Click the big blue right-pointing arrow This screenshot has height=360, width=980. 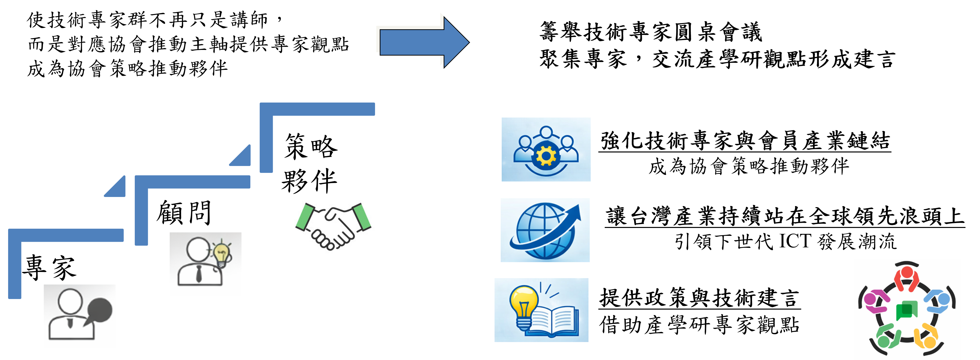[422, 42]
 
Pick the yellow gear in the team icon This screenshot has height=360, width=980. [545, 156]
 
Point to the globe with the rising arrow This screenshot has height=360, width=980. [545, 230]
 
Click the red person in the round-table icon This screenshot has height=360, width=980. [906, 278]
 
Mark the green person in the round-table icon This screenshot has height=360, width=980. [886, 337]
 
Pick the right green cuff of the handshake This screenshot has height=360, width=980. [362, 217]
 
